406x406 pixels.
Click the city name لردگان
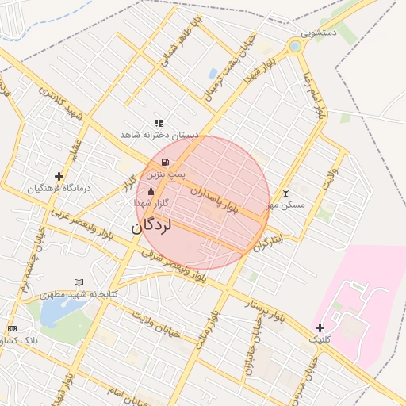click(x=151, y=226)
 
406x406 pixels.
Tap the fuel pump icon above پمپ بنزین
click(x=164, y=162)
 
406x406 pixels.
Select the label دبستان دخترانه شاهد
click(x=158, y=136)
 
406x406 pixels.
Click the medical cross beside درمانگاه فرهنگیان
click(x=59, y=176)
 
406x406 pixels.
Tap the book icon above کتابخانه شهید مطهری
click(x=78, y=282)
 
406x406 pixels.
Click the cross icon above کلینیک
click(x=320, y=327)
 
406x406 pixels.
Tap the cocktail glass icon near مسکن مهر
click(x=285, y=193)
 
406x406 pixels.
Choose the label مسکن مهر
click(x=285, y=205)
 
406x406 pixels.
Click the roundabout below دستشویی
click(x=296, y=46)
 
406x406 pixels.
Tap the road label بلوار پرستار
click(x=266, y=312)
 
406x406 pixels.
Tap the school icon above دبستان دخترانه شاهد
click(x=159, y=124)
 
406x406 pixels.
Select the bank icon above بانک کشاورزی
click(x=12, y=328)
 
